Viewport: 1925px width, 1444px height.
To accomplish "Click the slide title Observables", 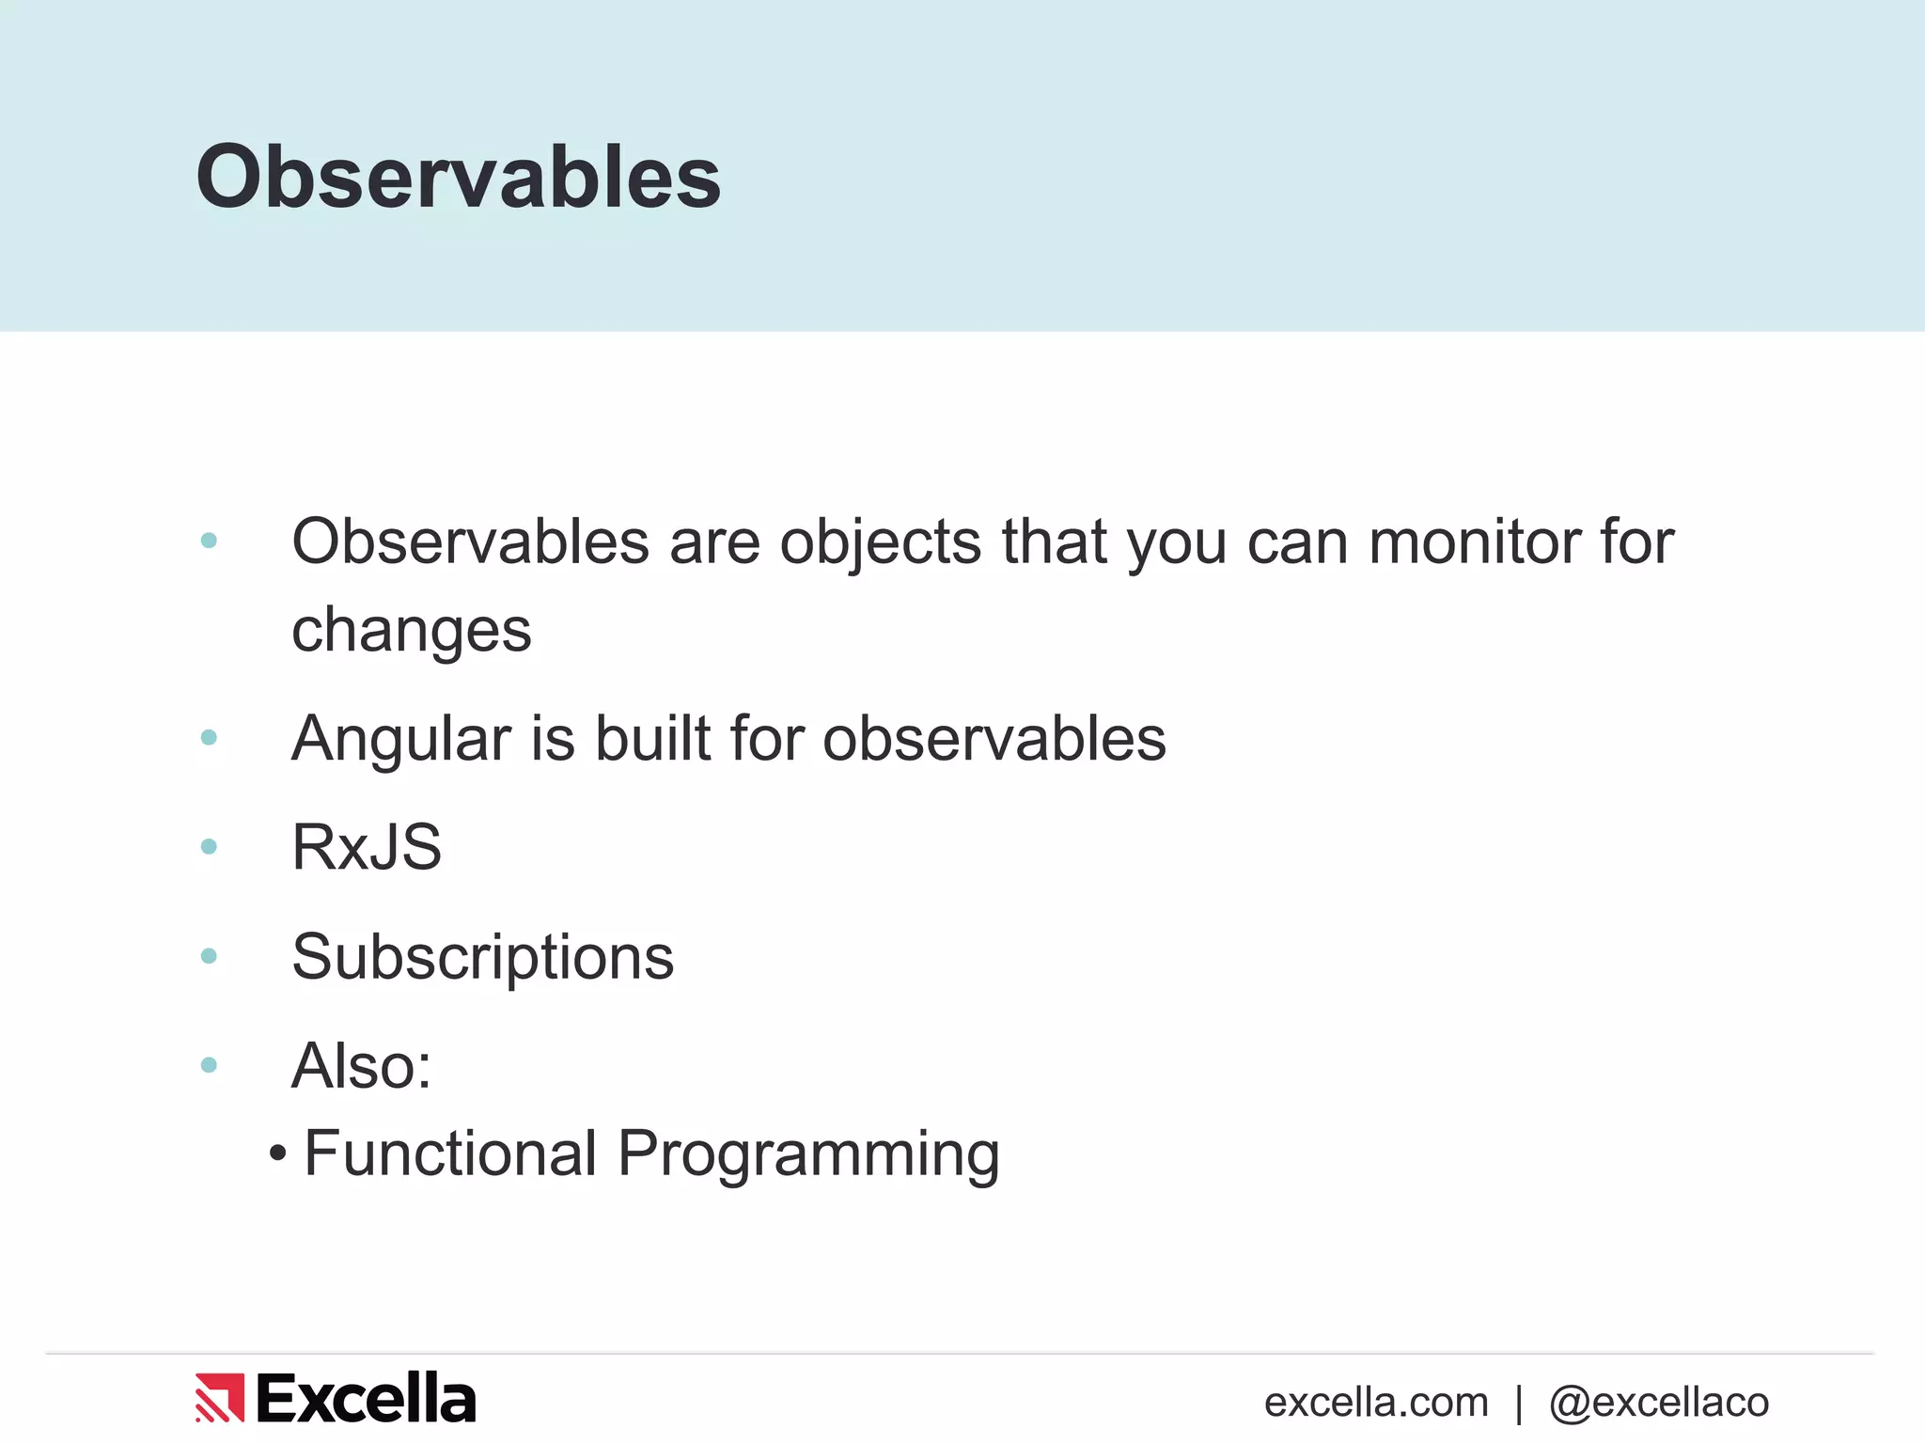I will (x=458, y=177).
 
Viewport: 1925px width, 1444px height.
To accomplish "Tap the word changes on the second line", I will (x=412, y=631).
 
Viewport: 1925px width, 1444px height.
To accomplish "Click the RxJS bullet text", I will (x=367, y=847).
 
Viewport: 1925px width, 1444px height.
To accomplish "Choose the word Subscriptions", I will (x=483, y=958).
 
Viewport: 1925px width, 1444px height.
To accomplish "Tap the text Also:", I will (x=362, y=1066).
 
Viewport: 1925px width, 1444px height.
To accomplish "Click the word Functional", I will (x=451, y=1154).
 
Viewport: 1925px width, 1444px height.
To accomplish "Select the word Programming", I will (x=808, y=1155).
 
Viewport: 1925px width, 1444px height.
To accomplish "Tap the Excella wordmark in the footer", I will (x=367, y=1398).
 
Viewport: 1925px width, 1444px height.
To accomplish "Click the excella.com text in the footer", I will (x=1376, y=1403).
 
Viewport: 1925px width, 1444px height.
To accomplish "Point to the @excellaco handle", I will (x=1659, y=1403).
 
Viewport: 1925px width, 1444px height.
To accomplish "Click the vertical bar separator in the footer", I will (x=1519, y=1404).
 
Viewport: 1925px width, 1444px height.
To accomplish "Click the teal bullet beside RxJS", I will (x=209, y=847).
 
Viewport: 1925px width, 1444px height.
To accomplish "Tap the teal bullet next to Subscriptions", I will (x=209, y=956).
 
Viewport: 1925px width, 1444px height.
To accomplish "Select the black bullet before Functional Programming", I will (x=277, y=1153).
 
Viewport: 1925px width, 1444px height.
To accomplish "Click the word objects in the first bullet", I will (x=881, y=542).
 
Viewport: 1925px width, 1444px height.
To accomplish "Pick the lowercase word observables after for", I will (x=994, y=738).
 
